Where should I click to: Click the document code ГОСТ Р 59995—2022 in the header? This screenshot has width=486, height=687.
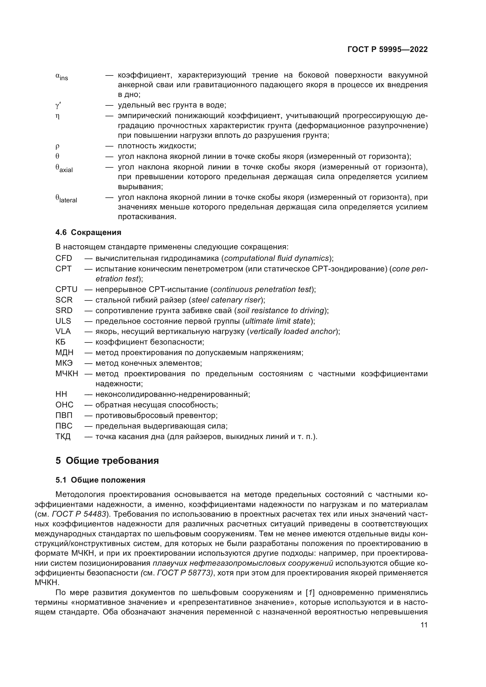[388, 50]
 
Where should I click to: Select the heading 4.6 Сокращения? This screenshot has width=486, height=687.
[88, 232]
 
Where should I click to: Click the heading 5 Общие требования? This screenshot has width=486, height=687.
[107, 461]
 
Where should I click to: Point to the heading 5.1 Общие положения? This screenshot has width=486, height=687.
[100, 480]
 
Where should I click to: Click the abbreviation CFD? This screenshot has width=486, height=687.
[64, 258]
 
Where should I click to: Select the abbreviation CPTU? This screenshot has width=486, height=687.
[66, 290]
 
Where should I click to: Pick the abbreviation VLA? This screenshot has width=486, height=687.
[63, 332]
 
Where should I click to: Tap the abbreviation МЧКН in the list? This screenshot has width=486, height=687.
[67, 374]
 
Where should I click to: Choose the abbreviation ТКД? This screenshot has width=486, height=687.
[63, 436]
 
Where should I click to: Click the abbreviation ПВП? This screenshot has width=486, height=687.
[64, 416]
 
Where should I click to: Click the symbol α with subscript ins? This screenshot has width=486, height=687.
[62, 77]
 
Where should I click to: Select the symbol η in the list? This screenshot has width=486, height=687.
[58, 116]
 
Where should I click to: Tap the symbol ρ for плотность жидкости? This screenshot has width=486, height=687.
[58, 146]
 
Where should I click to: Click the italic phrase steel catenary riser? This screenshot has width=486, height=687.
[227, 300]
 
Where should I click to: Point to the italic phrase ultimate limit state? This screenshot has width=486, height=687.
[277, 321]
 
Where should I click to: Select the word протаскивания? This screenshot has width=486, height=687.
[147, 217]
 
